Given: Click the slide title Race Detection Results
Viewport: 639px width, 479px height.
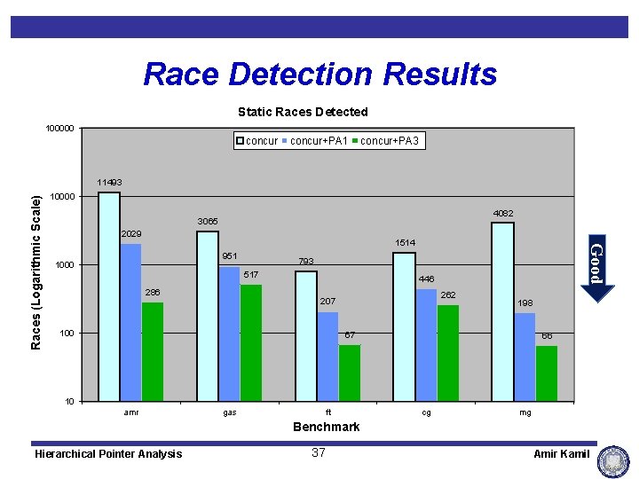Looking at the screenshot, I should coord(319,74).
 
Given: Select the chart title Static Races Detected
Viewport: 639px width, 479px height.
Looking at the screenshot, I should coord(303,112).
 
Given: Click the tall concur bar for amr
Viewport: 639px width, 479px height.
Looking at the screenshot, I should coord(109,296).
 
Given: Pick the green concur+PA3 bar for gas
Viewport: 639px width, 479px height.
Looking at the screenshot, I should coord(251,342).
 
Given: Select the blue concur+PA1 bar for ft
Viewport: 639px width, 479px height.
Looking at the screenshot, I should coord(328,356).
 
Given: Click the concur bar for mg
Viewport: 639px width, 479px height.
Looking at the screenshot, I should coord(502,311).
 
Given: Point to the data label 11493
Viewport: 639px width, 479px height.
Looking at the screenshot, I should coord(109,183).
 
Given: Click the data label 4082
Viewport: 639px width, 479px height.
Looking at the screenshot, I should coord(503,213).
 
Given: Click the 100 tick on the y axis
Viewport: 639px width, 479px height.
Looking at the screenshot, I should coord(66,334).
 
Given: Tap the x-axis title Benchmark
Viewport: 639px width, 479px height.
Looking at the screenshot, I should coord(327,427).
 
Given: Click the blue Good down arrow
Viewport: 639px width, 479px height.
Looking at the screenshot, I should coord(597,271).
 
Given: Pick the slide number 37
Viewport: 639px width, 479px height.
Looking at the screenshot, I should coord(319,453).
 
